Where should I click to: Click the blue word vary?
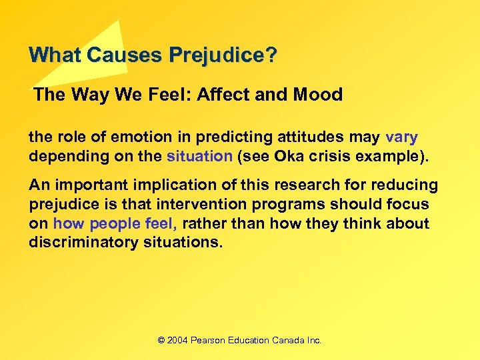(x=401, y=137)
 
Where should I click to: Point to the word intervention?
(x=230, y=204)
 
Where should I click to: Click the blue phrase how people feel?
(x=115, y=223)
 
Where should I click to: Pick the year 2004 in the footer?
(x=177, y=340)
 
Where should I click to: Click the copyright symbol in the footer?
(x=161, y=340)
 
